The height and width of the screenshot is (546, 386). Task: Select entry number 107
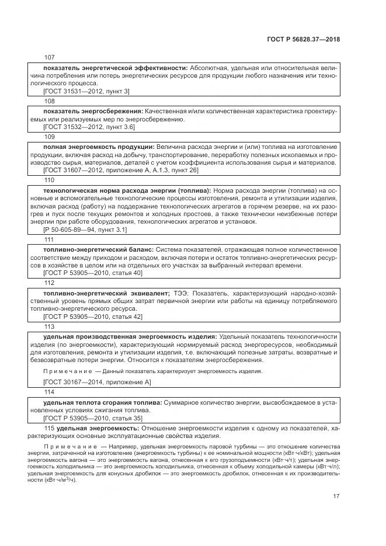pos(49,57)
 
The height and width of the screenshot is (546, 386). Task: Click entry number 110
pos(49,180)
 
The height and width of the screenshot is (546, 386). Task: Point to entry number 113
pos(49,326)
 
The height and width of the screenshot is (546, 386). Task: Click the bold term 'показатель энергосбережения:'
pos(93,111)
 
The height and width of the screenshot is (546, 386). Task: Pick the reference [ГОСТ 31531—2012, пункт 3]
pos(86,91)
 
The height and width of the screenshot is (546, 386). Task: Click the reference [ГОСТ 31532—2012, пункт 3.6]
pos(89,126)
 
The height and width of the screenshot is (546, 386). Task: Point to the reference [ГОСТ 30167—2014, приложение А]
pos(97,381)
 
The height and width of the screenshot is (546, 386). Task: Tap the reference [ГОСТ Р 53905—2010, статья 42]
pos(93,316)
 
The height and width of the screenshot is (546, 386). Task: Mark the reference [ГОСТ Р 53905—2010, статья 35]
pos(93,418)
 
